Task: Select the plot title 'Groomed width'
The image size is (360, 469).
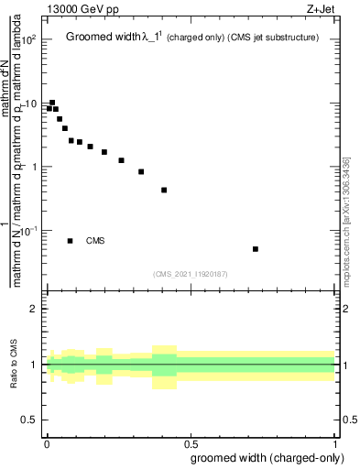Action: [104, 38]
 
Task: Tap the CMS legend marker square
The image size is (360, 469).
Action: [70, 241]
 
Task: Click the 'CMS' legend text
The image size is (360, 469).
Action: [95, 241]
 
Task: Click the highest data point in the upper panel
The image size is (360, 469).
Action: [52, 103]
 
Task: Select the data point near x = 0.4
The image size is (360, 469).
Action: [164, 191]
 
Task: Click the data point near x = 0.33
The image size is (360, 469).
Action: [141, 171]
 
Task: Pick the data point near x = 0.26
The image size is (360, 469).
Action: [121, 160]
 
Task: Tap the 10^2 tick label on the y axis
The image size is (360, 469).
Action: [28, 40]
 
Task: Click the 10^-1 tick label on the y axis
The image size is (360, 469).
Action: [28, 231]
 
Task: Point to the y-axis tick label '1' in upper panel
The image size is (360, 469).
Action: [33, 168]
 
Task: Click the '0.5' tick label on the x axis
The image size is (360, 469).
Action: [190, 442]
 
